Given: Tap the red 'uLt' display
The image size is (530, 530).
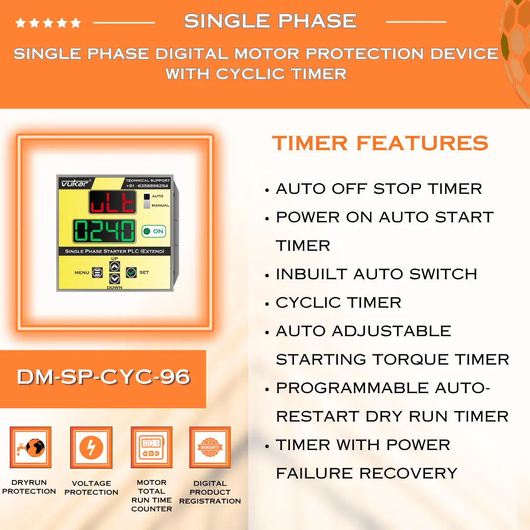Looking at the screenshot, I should [112, 202].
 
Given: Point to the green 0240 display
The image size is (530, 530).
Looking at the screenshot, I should [105, 231].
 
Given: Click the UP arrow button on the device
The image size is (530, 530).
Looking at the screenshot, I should [114, 266].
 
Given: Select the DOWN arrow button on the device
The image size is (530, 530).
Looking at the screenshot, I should [114, 278].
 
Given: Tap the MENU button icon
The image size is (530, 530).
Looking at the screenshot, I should [97, 272].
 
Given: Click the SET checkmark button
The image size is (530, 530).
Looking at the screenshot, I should [131, 272].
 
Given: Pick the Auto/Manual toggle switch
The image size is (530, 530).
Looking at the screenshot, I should [147, 201].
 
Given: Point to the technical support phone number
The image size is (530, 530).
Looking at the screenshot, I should [147, 186].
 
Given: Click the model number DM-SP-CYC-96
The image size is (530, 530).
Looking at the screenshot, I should [103, 377].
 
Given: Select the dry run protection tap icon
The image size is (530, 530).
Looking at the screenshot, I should [30, 448].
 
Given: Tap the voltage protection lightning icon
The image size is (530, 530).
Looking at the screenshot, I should [91, 448].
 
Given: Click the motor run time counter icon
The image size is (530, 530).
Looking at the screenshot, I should [151, 448].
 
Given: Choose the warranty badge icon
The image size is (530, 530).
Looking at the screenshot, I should [210, 448].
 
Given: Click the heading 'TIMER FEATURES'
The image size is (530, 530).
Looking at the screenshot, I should [380, 143].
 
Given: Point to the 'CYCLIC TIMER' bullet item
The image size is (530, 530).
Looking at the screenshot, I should [338, 303].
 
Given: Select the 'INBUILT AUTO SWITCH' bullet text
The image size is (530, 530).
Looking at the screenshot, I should [376, 274].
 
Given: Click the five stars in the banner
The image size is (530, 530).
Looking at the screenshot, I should [48, 23].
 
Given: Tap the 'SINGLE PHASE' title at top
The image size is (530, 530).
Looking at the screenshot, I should [270, 21].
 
